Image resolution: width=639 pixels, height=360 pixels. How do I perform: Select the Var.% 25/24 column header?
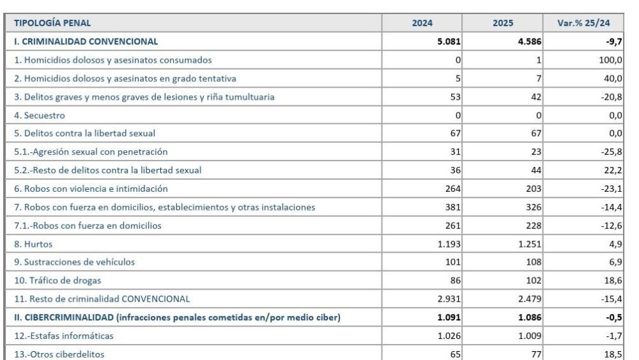tap(583, 24)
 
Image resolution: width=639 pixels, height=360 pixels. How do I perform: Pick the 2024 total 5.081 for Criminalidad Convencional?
tap(447, 42)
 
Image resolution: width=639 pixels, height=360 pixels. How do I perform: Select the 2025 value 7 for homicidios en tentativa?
tap(539, 79)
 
